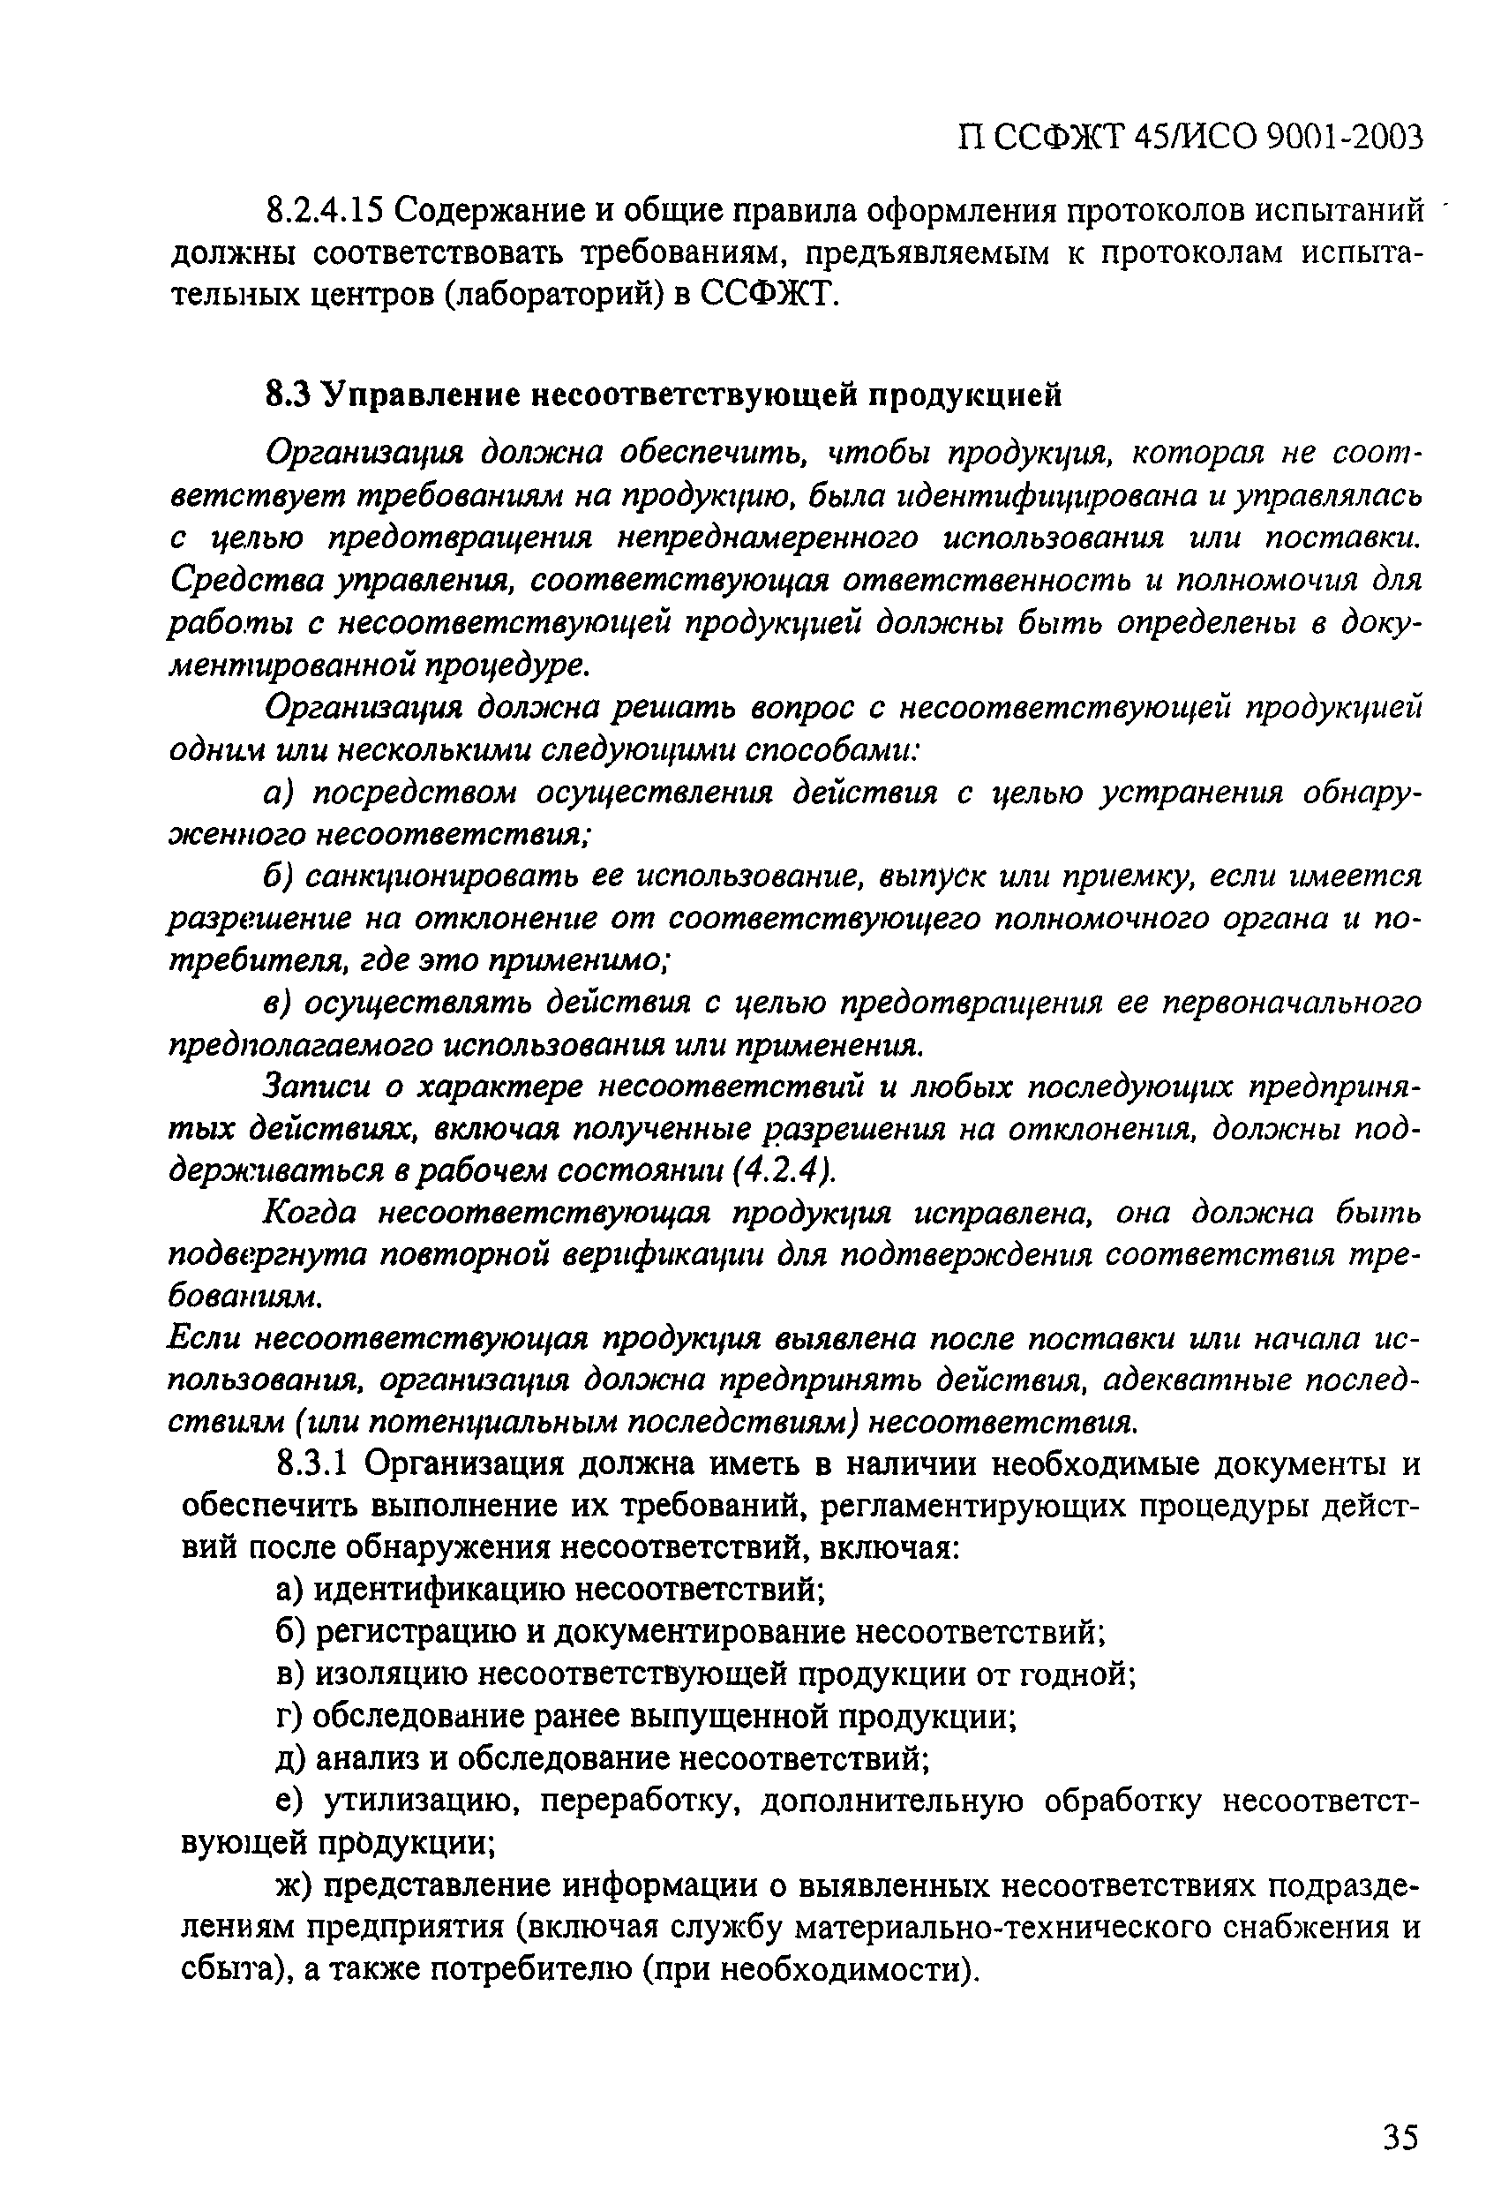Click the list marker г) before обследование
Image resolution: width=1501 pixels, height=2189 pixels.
[289, 1716]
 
